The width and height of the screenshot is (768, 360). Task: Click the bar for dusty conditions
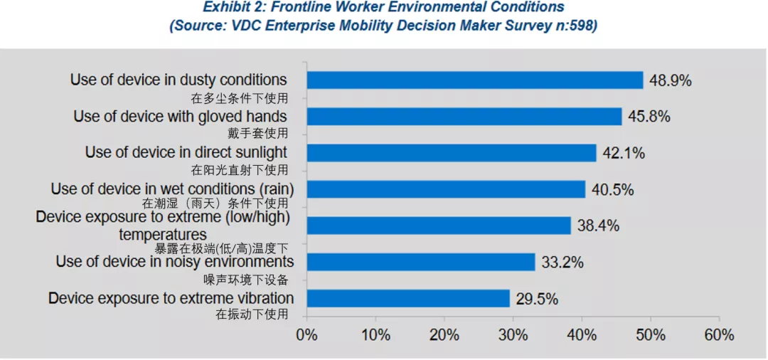coord(474,80)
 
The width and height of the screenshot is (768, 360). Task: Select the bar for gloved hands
coord(464,117)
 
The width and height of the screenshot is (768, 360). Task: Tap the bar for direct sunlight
coord(451,153)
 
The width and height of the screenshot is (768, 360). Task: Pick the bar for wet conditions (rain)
coord(446,189)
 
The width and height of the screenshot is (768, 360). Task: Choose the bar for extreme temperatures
coord(438,226)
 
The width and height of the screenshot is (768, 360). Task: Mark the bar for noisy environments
coord(420,262)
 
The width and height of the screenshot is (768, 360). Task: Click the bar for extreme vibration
coord(408,298)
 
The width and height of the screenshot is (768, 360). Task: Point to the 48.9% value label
coord(670,80)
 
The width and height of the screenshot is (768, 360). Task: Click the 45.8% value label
coord(649,117)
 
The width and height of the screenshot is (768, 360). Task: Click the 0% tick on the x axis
coord(306,334)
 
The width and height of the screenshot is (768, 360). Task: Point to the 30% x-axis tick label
coord(513,334)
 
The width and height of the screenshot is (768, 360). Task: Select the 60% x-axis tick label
coord(719,334)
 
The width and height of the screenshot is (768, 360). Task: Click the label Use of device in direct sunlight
coord(186,152)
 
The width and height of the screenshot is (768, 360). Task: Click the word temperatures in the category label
coord(163,234)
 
